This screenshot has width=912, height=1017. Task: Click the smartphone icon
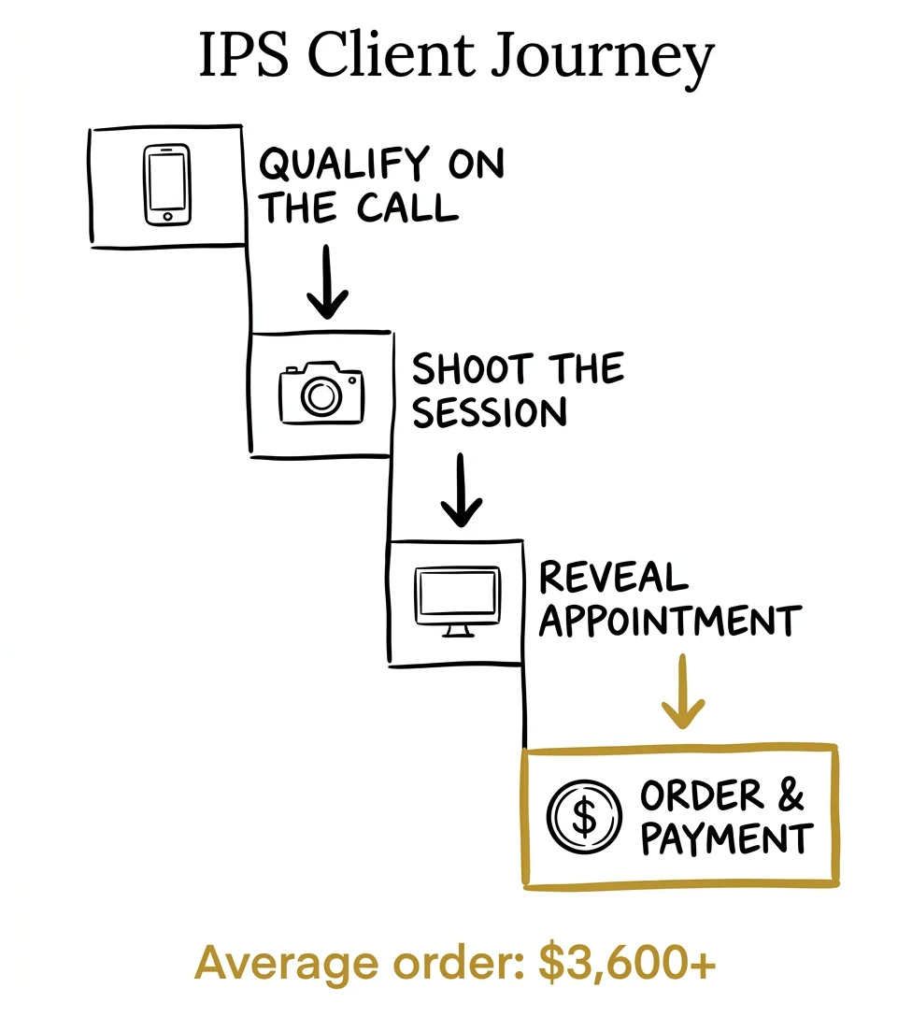tap(168, 186)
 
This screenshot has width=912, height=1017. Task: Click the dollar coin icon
tap(583, 814)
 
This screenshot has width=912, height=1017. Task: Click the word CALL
tap(407, 208)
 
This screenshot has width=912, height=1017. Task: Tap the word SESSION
tap(490, 412)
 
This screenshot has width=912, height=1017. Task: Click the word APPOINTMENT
tap(670, 621)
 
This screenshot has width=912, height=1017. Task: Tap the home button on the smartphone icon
tap(168, 217)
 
